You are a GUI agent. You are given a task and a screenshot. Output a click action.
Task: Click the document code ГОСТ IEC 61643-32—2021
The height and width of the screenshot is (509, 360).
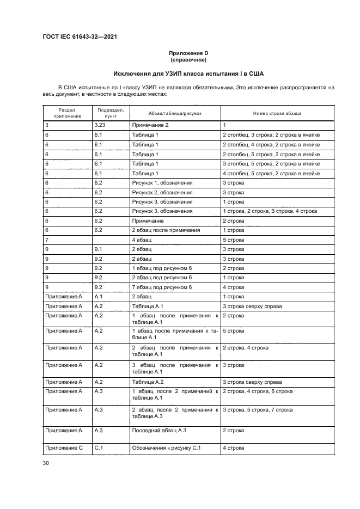pyautogui.click(x=80, y=38)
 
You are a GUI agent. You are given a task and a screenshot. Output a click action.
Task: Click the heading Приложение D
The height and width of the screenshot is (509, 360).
pyautogui.click(x=188, y=53)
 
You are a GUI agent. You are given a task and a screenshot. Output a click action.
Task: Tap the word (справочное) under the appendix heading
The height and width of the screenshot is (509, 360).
pyautogui.click(x=188, y=59)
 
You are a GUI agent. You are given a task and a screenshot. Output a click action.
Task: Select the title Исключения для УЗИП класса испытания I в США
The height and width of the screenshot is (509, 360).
pyautogui.click(x=188, y=73)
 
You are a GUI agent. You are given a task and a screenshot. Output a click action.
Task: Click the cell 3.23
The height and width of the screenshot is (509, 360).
pyautogui.click(x=100, y=125)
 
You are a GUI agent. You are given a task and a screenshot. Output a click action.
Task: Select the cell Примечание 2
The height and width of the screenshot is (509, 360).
pyautogui.click(x=150, y=125)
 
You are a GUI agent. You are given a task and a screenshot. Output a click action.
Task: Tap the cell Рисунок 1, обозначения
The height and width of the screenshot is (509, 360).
pyautogui.click(x=162, y=182)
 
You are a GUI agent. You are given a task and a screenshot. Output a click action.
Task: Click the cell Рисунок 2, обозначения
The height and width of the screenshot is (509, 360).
pyautogui.click(x=162, y=192)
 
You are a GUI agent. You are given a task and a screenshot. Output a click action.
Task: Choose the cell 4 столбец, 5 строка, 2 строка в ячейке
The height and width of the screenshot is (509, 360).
pyautogui.click(x=271, y=173)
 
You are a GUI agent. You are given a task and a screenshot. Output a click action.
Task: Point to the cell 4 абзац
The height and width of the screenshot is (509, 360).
pyautogui.click(x=142, y=240)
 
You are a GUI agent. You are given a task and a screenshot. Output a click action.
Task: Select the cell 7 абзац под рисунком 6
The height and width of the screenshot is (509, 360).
pyautogui.click(x=162, y=287)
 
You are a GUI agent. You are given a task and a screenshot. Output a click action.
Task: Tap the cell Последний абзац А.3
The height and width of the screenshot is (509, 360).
pyautogui.click(x=159, y=430)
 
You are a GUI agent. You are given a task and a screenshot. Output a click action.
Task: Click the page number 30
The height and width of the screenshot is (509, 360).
pyautogui.click(x=46, y=463)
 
